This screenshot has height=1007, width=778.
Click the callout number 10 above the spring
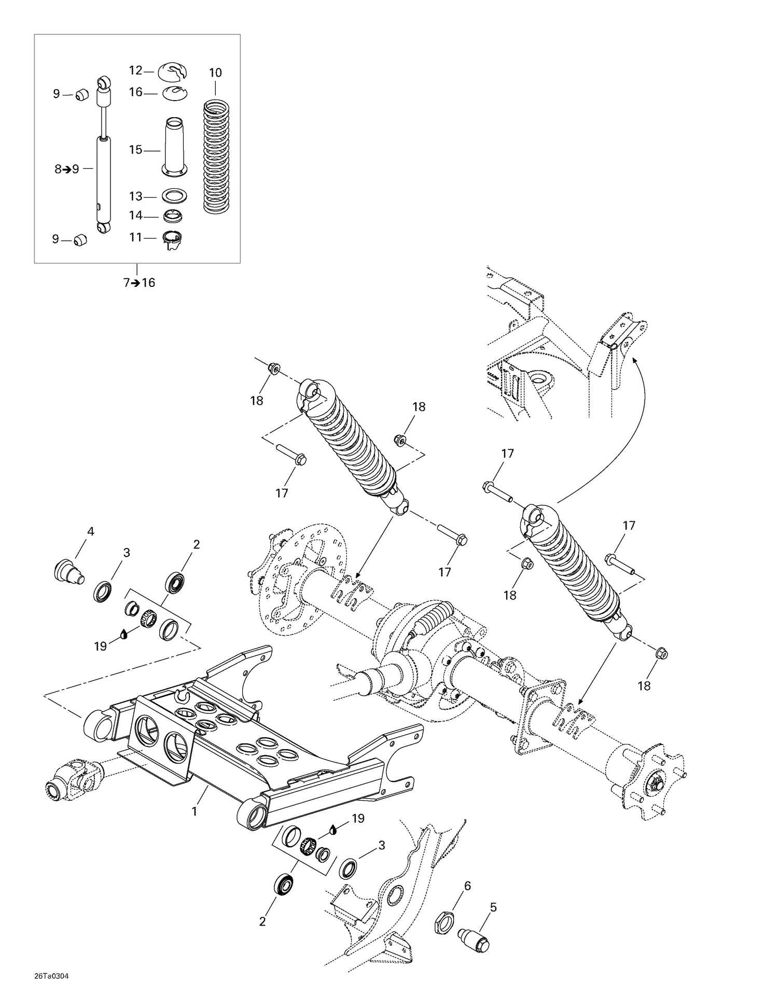(x=215, y=73)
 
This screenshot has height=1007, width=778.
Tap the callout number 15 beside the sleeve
(x=135, y=150)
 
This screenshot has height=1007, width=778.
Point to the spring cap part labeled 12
(x=173, y=72)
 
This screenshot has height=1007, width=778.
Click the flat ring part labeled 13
(x=174, y=197)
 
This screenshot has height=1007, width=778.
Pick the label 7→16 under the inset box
(x=139, y=283)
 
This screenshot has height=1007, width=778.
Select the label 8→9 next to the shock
(x=67, y=169)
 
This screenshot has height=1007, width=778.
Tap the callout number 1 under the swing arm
(x=195, y=811)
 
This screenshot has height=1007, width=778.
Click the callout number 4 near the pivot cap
(x=91, y=531)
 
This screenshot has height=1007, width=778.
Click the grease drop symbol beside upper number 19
(x=123, y=633)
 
